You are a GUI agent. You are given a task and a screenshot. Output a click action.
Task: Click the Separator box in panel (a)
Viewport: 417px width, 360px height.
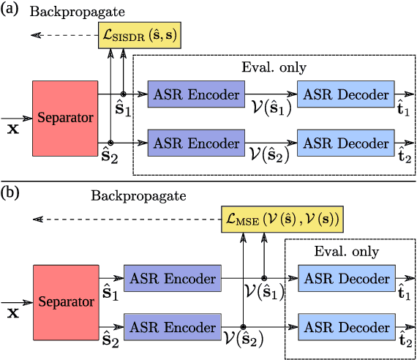[x=65, y=118]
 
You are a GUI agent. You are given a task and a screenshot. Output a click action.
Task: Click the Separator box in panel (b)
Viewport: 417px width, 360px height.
[x=65, y=301]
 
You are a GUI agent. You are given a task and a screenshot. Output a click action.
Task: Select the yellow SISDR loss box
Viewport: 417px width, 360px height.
[x=140, y=36]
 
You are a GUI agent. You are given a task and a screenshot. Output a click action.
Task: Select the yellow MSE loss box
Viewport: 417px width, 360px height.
[x=281, y=219]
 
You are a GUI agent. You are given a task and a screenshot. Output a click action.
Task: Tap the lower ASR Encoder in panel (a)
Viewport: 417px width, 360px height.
[x=195, y=142]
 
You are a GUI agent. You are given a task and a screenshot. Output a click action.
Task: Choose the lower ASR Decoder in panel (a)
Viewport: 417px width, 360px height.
[x=345, y=142]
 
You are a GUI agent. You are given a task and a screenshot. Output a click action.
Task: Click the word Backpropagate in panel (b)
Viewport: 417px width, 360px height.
[x=139, y=196]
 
